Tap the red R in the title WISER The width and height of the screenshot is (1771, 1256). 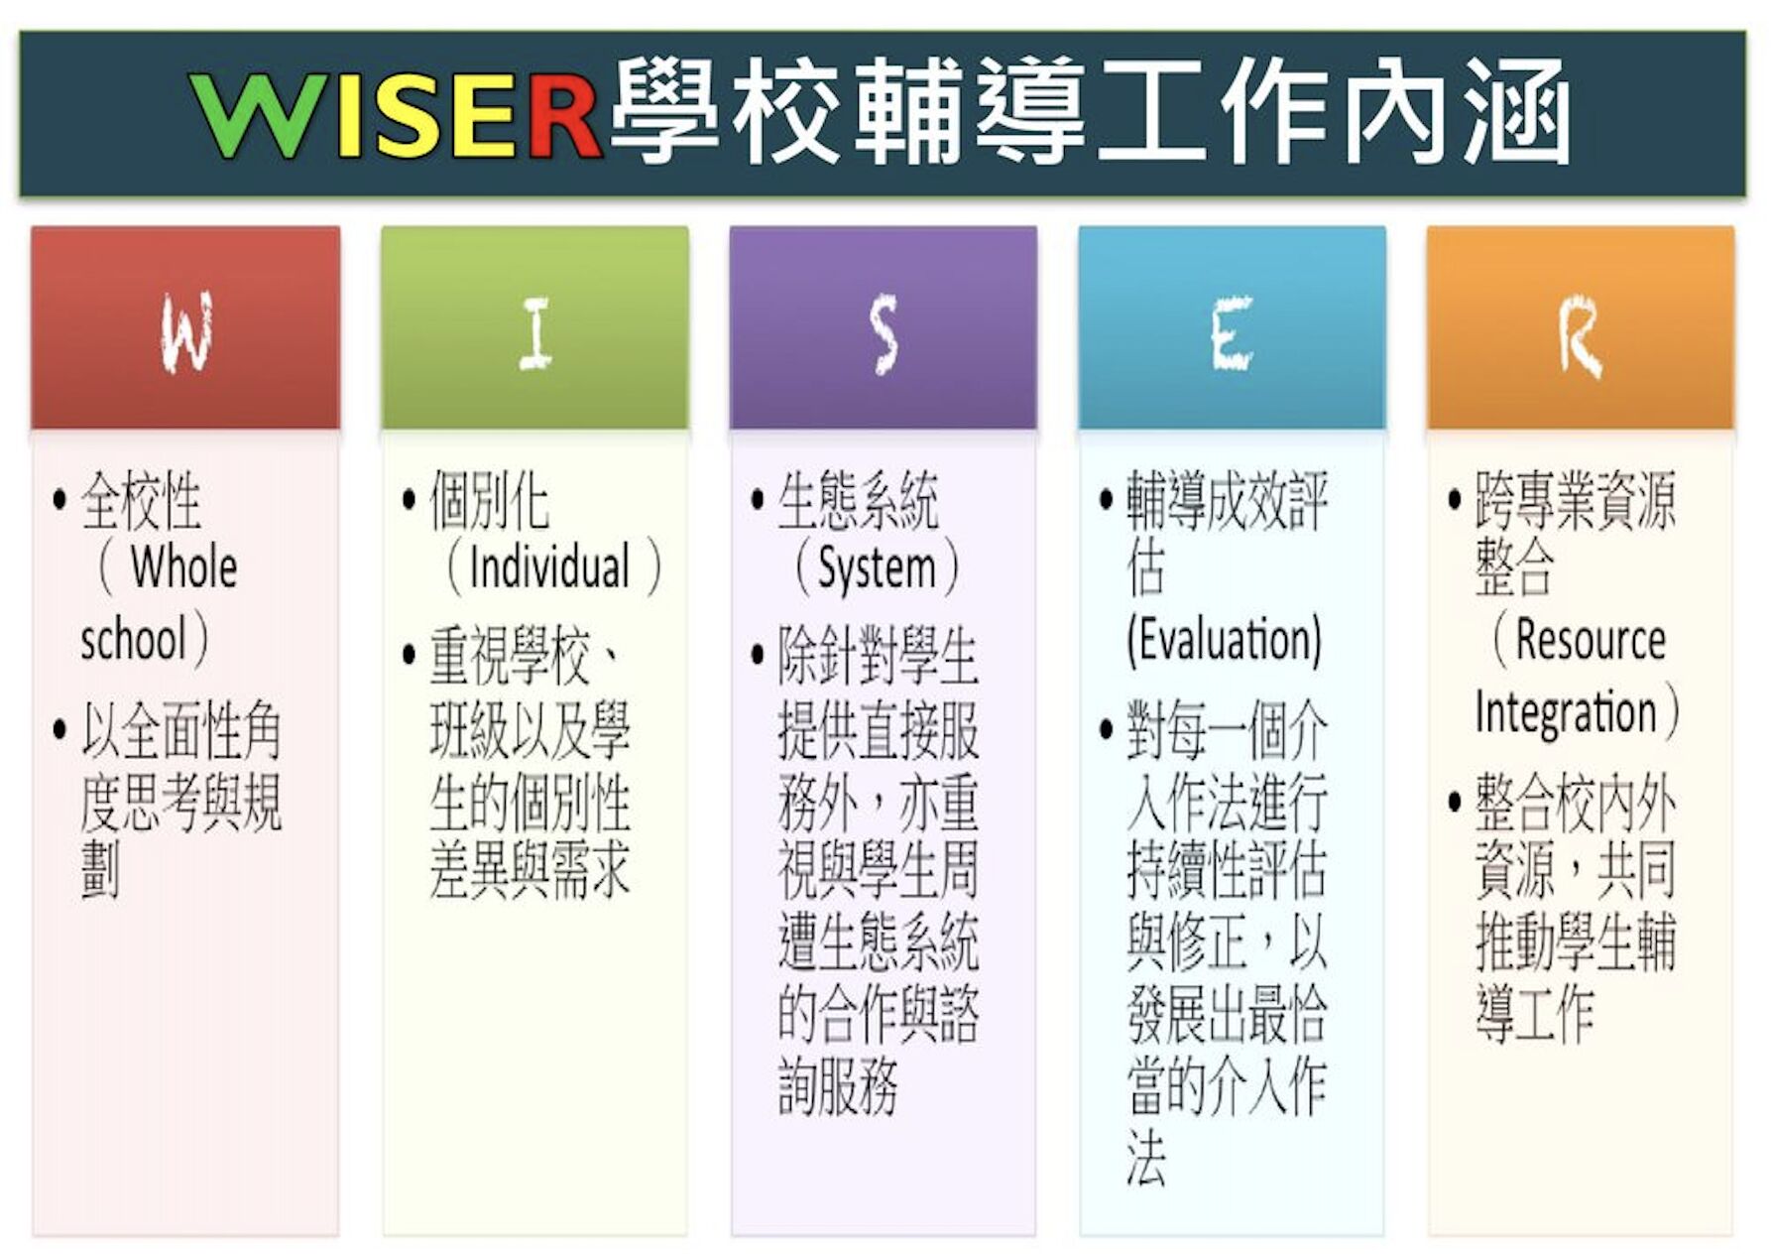[561, 115]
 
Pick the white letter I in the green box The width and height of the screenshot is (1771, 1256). [535, 334]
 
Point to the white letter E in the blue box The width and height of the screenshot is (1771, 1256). [1231, 334]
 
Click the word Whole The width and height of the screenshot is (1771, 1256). [184, 567]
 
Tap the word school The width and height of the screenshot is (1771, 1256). [134, 639]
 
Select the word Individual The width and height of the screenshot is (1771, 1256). [549, 567]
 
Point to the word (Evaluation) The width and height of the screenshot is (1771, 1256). [1225, 639]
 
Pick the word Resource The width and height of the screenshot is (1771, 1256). [1591, 640]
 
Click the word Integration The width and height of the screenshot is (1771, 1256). [1566, 713]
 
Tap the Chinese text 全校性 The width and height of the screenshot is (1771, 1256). [141, 500]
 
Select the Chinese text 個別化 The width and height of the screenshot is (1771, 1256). [490, 500]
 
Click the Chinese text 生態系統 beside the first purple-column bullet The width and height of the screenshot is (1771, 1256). [859, 500]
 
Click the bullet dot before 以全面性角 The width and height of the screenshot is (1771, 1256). [59, 729]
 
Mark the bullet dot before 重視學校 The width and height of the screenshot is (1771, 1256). [409, 655]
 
